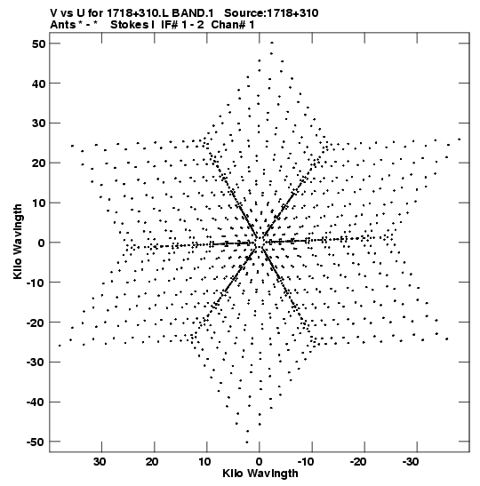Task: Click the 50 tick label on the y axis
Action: pos(38,44)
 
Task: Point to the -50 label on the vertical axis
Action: pos(36,442)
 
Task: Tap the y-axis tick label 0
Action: pos(42,243)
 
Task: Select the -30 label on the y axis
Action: pos(36,362)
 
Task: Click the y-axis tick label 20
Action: pos(38,163)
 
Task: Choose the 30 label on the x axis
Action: pos(100,462)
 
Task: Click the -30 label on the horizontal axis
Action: pos(412,462)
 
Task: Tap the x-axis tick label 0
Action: pos(260,462)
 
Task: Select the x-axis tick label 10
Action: pos(205,462)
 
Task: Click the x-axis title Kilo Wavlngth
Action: pos(260,474)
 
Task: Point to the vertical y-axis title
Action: pos(18,242)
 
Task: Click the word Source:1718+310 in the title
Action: pos(271,13)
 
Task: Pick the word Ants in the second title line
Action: pos(62,25)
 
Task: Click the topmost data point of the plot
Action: pos(272,43)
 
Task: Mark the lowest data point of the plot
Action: pos(247,442)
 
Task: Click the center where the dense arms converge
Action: pos(260,243)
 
